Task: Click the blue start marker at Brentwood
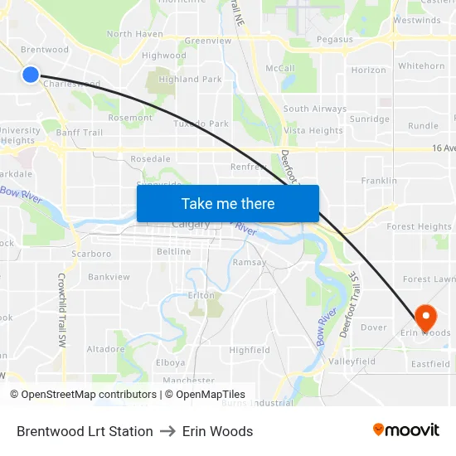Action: click(x=31, y=75)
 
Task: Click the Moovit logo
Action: click(x=406, y=430)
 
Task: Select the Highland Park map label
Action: click(x=190, y=80)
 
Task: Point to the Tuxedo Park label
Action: click(x=201, y=124)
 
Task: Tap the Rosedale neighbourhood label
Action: click(x=150, y=159)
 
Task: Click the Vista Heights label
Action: click(x=313, y=131)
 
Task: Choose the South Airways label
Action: click(x=315, y=109)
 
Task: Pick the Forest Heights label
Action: click(x=419, y=226)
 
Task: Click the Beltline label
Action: click(x=173, y=252)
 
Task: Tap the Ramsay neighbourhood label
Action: click(x=250, y=262)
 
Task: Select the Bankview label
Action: click(x=109, y=277)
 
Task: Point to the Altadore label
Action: click(x=105, y=349)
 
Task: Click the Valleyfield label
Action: click(x=352, y=362)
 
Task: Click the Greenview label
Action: click(x=207, y=41)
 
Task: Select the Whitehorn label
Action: click(x=421, y=66)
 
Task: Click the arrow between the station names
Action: click(x=167, y=431)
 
